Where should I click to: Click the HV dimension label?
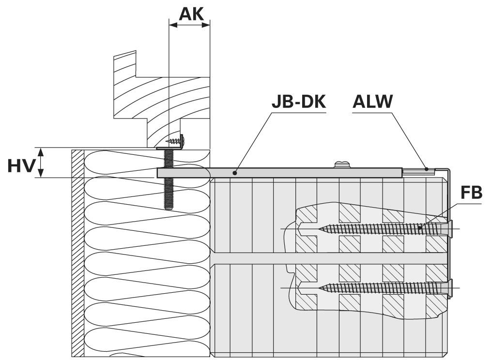[21, 165]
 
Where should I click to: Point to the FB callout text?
[471, 193]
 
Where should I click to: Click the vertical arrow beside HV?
[41, 163]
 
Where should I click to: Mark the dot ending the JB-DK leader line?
[235, 172]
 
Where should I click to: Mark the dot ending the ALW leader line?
[427, 169]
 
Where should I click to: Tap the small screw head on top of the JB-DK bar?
[341, 165]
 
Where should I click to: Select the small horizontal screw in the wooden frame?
[173, 141]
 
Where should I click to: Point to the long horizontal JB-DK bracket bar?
[291, 172]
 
